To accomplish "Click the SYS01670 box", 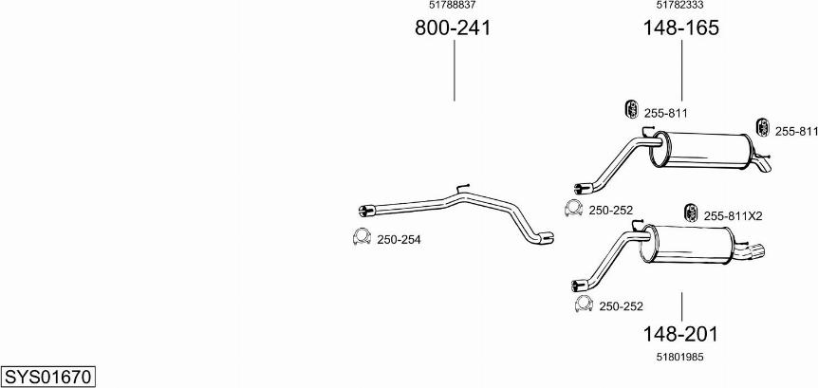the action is point(48,377).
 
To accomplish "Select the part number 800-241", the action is point(453,28).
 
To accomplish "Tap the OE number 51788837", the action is point(453,5).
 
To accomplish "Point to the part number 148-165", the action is point(680,28).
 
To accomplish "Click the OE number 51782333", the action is point(680,5).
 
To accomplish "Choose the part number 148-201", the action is point(680,334).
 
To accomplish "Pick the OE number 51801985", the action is point(680,358).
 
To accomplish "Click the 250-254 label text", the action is point(399,240).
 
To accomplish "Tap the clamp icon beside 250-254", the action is point(362,237).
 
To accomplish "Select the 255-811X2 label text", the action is point(733,216).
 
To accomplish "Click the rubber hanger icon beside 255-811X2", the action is point(691,212).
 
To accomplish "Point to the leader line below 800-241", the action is point(455,70).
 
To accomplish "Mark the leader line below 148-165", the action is point(682,70).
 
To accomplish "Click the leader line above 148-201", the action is point(682,306).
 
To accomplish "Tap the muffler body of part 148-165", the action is point(700,150).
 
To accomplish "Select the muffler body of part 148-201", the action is point(688,244).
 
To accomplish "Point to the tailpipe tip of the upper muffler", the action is point(765,166).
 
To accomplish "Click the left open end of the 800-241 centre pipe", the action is point(363,211).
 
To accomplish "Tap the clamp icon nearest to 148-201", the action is point(584,304).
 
